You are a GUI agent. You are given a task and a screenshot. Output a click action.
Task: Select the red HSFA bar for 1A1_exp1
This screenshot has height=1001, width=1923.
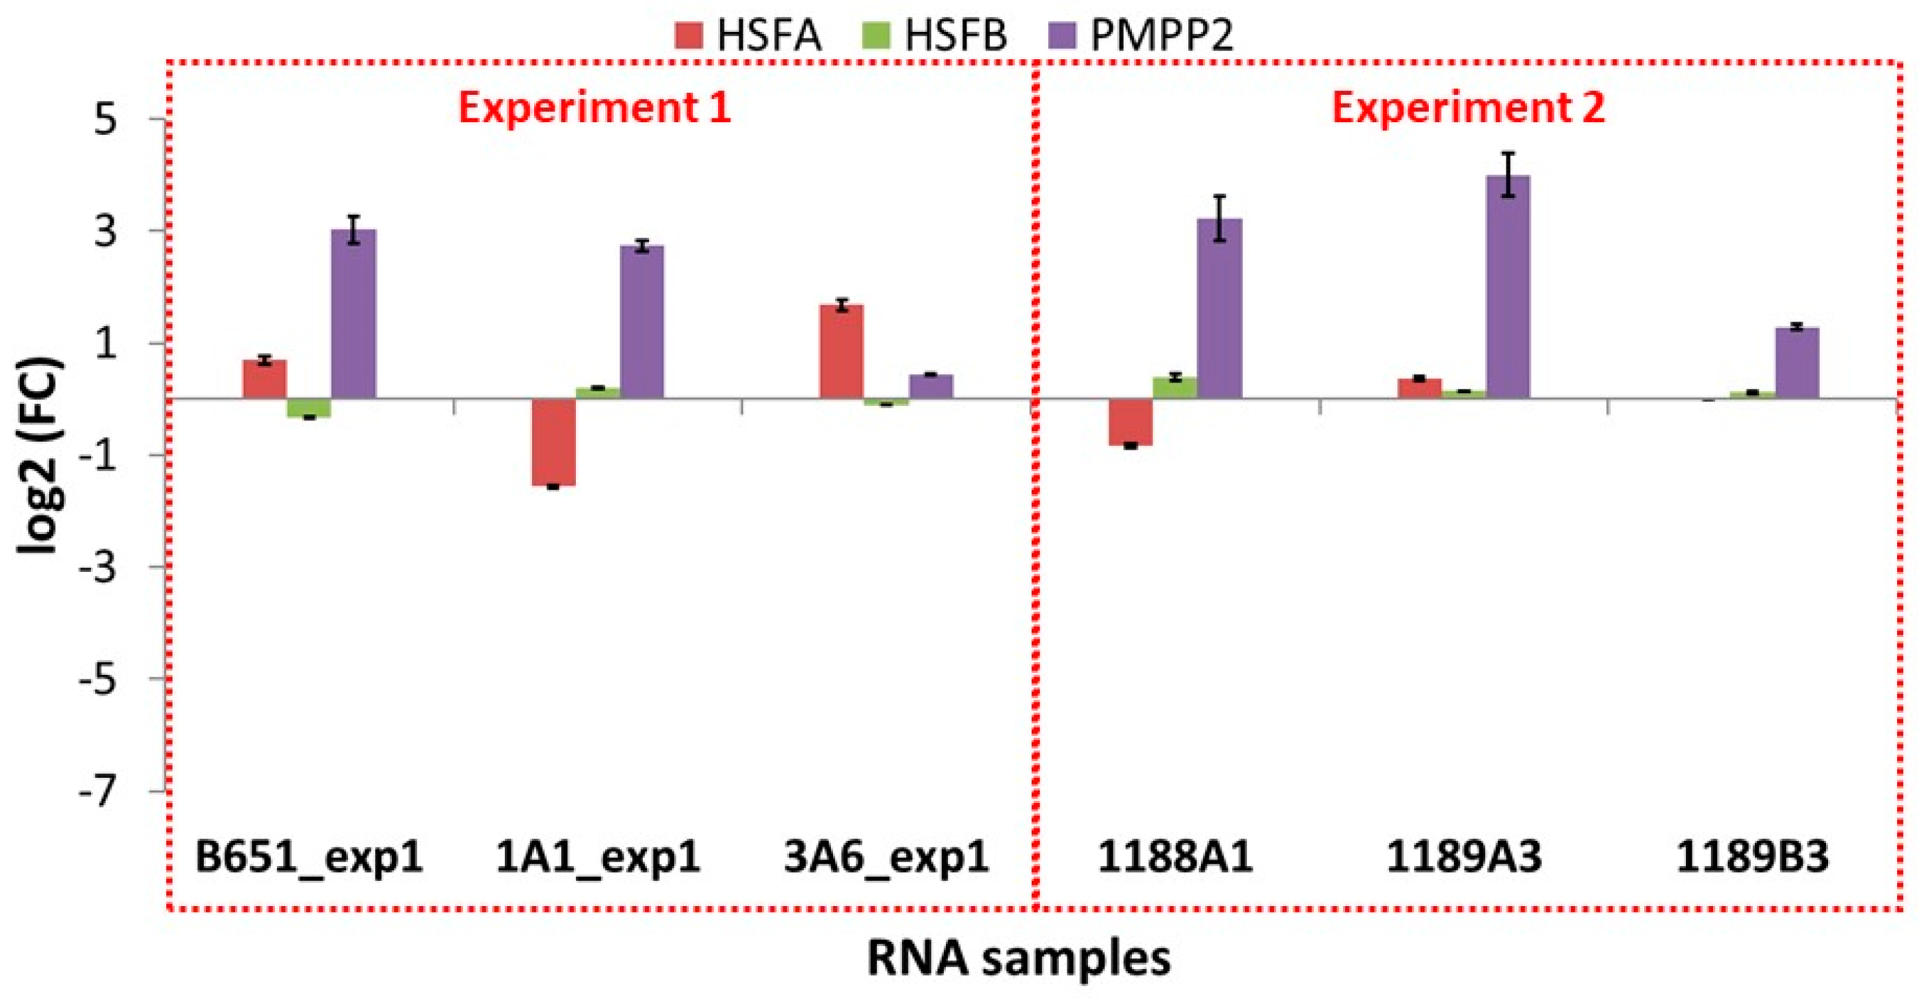(x=553, y=442)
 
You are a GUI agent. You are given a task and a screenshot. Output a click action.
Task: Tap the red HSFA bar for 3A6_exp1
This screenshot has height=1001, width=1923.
(x=842, y=351)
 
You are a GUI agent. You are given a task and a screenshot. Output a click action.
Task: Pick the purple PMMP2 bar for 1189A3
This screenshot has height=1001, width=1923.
(x=1508, y=287)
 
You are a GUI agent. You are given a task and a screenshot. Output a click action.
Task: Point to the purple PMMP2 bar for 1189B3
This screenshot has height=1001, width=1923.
(x=1797, y=363)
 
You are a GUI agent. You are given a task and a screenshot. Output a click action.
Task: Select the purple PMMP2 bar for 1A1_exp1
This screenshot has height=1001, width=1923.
(x=642, y=321)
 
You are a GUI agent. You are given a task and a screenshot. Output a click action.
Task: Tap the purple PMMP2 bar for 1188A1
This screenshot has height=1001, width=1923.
(x=1220, y=308)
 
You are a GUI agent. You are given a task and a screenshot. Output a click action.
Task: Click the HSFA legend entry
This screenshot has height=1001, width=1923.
(x=748, y=35)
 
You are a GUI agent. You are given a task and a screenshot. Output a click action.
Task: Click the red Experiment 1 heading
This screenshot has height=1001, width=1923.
(x=595, y=108)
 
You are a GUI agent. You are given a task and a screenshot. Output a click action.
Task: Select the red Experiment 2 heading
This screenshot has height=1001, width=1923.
(x=1467, y=108)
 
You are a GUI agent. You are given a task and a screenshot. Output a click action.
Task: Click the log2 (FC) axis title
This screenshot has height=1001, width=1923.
(x=41, y=456)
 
